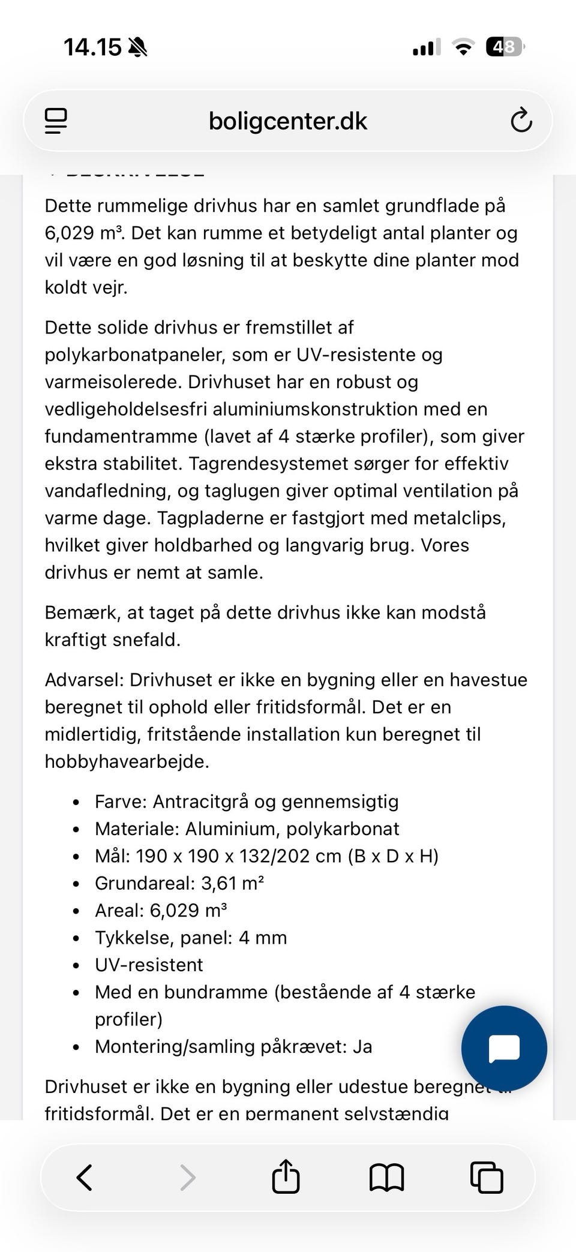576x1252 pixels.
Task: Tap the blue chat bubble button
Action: tap(504, 1048)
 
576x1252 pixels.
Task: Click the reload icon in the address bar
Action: tap(521, 121)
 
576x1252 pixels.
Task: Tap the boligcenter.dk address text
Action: tap(287, 121)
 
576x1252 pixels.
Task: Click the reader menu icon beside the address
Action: tap(56, 121)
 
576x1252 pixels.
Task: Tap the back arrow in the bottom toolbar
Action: tap(85, 1177)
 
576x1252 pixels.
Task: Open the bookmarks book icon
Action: tap(386, 1177)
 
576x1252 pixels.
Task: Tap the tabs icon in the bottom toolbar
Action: tap(486, 1177)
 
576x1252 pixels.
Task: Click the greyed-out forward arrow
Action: tap(188, 1177)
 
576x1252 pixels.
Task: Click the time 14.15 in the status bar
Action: tap(92, 47)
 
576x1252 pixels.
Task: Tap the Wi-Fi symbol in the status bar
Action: tap(463, 47)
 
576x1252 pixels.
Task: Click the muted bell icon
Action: tap(137, 47)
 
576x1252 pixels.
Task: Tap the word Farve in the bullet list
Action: tap(119, 801)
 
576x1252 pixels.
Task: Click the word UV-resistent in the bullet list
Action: tap(149, 965)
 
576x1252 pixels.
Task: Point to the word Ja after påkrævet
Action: tap(362, 1046)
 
